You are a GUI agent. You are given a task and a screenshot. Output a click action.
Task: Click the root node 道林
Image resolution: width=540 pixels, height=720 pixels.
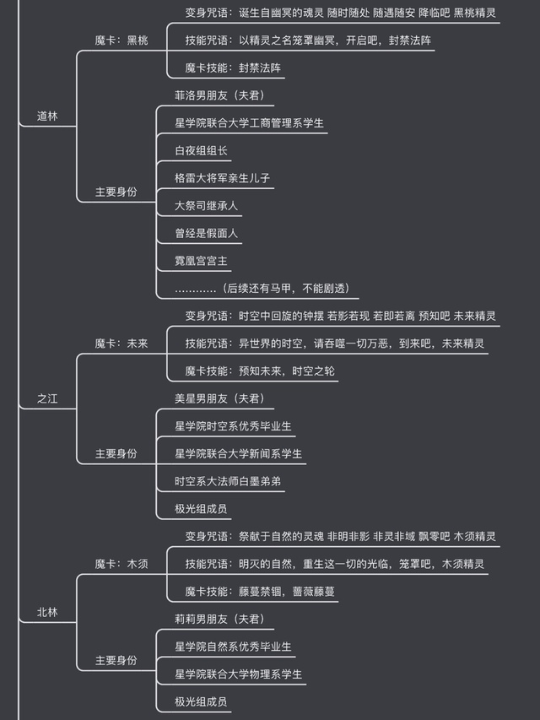[48, 116]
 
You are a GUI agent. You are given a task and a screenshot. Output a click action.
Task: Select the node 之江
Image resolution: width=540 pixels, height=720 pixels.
[48, 398]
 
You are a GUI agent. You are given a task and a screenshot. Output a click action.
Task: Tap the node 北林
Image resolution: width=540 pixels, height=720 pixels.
[48, 612]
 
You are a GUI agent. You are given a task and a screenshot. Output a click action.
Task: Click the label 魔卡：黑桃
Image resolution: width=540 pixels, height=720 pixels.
[121, 41]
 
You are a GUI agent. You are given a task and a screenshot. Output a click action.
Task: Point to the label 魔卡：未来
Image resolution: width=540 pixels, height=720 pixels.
[121, 344]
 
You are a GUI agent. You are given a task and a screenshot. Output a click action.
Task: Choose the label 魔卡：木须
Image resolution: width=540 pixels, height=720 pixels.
[121, 564]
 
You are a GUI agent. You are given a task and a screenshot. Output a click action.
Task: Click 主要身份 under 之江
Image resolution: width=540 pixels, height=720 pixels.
[116, 453]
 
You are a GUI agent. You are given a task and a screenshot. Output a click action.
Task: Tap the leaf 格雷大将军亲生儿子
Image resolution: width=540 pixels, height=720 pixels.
[222, 178]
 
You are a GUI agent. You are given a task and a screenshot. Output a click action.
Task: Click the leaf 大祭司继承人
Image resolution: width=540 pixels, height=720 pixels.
[208, 205]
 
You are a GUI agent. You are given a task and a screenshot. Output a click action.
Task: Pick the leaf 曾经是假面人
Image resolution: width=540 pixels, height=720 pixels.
[206, 233]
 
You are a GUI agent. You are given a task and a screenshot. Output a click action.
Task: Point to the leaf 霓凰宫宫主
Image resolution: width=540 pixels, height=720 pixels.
[201, 261]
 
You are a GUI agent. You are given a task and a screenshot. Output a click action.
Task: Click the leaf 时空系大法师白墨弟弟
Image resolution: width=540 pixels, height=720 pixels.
[227, 481]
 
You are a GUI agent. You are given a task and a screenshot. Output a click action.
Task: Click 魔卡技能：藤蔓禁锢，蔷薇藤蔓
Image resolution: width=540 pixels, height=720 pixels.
[261, 591]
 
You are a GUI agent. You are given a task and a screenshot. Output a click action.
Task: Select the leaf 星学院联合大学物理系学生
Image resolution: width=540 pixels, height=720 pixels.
[239, 674]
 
